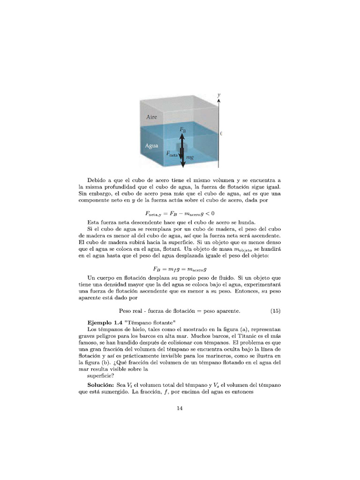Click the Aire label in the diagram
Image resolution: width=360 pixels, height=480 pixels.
click(151, 117)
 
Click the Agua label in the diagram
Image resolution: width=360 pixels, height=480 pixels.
click(151, 146)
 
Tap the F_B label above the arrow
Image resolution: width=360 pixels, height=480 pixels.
click(183, 129)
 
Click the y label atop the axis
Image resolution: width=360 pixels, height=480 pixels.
click(219, 95)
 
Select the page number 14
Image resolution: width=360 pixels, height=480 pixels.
click(180, 408)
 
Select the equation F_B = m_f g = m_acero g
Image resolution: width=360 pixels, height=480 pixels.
click(180, 269)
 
